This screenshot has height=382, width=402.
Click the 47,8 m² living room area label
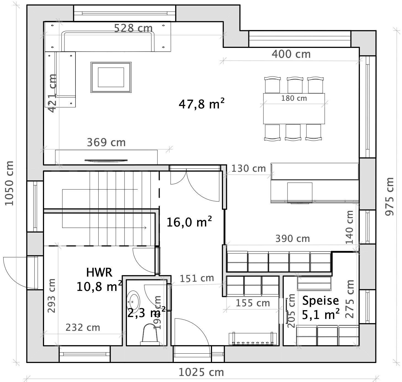201,104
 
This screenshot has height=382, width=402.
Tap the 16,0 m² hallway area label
189,222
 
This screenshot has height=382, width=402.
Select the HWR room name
99,272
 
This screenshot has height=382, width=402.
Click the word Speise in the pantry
320,301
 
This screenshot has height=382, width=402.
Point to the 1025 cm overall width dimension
201,372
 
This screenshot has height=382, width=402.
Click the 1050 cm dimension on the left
9,183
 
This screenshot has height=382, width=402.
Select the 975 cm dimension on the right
389,196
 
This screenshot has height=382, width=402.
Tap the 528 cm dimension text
133,28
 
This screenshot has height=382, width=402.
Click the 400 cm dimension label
291,54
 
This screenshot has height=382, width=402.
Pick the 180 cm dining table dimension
294,98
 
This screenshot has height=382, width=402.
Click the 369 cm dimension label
106,143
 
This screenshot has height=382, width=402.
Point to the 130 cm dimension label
248,168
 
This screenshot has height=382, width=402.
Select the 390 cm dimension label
292,239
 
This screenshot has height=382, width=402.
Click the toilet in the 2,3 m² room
150,335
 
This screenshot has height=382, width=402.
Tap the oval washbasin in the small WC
134,301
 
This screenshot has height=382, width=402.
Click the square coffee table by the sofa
111,77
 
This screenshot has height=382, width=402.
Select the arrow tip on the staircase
145,228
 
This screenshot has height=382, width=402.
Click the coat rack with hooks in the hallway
252,339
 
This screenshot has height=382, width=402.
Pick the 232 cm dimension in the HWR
83,328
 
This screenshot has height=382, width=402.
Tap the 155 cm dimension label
253,303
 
